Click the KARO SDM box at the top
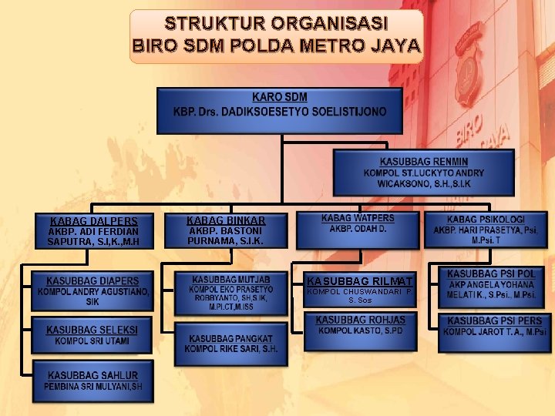[x=279, y=109]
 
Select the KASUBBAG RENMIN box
[x=423, y=173]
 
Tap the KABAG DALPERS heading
[x=93, y=220]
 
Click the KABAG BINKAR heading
[x=226, y=220]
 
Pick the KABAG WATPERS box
[x=357, y=224]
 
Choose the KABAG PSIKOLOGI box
[x=486, y=229]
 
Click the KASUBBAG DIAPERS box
[x=92, y=290]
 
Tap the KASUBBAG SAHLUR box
[x=92, y=380]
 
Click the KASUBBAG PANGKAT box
[x=230, y=344]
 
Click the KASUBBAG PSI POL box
[x=491, y=283]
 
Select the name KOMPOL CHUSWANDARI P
[x=360, y=292]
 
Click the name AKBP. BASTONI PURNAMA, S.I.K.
[x=226, y=236]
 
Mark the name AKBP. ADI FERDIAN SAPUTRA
[x=93, y=237]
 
